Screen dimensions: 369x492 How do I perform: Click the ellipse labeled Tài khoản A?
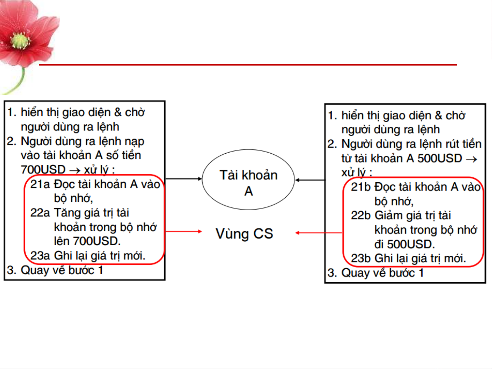(x=248, y=180)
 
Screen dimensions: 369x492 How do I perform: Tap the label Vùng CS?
(x=244, y=234)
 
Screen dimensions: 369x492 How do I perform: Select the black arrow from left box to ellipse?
(x=184, y=179)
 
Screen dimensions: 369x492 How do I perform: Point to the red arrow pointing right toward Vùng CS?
(x=184, y=231)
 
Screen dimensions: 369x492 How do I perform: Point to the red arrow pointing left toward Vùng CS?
(x=318, y=233)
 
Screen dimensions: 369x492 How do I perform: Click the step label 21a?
(x=40, y=184)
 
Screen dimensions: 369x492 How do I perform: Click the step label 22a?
(x=40, y=213)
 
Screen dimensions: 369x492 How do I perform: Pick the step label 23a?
(x=40, y=255)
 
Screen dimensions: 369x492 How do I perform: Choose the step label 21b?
(x=361, y=187)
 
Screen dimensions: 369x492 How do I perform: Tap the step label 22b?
(x=361, y=216)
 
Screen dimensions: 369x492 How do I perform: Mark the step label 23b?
(x=361, y=258)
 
